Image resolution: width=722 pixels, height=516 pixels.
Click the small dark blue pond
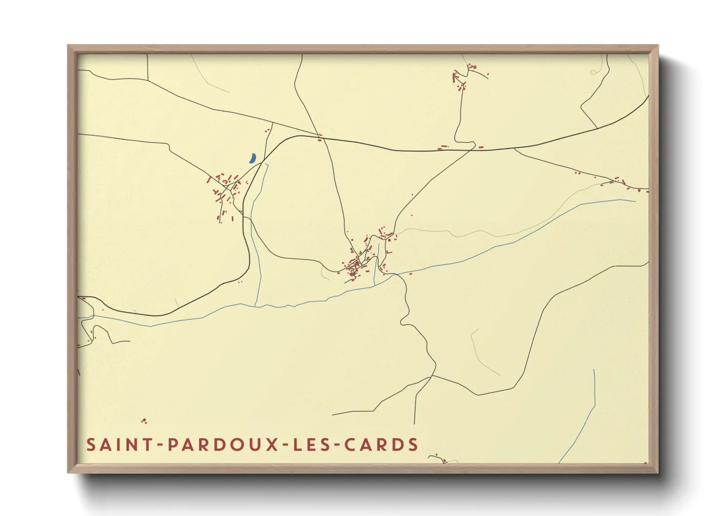point(252,158)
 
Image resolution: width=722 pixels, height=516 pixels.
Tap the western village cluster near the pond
point(225,190)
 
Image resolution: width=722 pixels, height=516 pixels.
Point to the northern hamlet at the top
point(461,78)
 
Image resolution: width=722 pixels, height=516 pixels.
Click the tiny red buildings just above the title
point(143,421)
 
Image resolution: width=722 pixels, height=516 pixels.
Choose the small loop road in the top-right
point(593,72)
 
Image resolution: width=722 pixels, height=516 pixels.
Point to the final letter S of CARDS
point(414,445)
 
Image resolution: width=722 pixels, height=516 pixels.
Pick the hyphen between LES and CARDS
point(337,445)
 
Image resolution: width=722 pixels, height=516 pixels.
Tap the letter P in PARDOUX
point(173,445)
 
